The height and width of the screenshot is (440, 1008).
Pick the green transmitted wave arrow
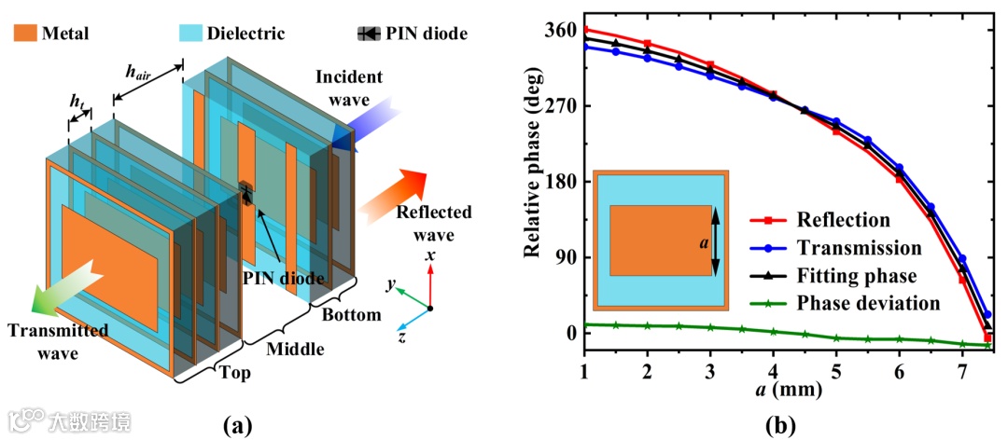(x=66, y=284)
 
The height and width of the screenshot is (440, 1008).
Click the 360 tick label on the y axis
(x=556, y=30)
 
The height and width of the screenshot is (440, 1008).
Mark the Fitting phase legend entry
(x=856, y=275)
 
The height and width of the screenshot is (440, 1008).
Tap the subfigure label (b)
(x=778, y=425)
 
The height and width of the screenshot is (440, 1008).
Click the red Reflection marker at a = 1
(x=584, y=30)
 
